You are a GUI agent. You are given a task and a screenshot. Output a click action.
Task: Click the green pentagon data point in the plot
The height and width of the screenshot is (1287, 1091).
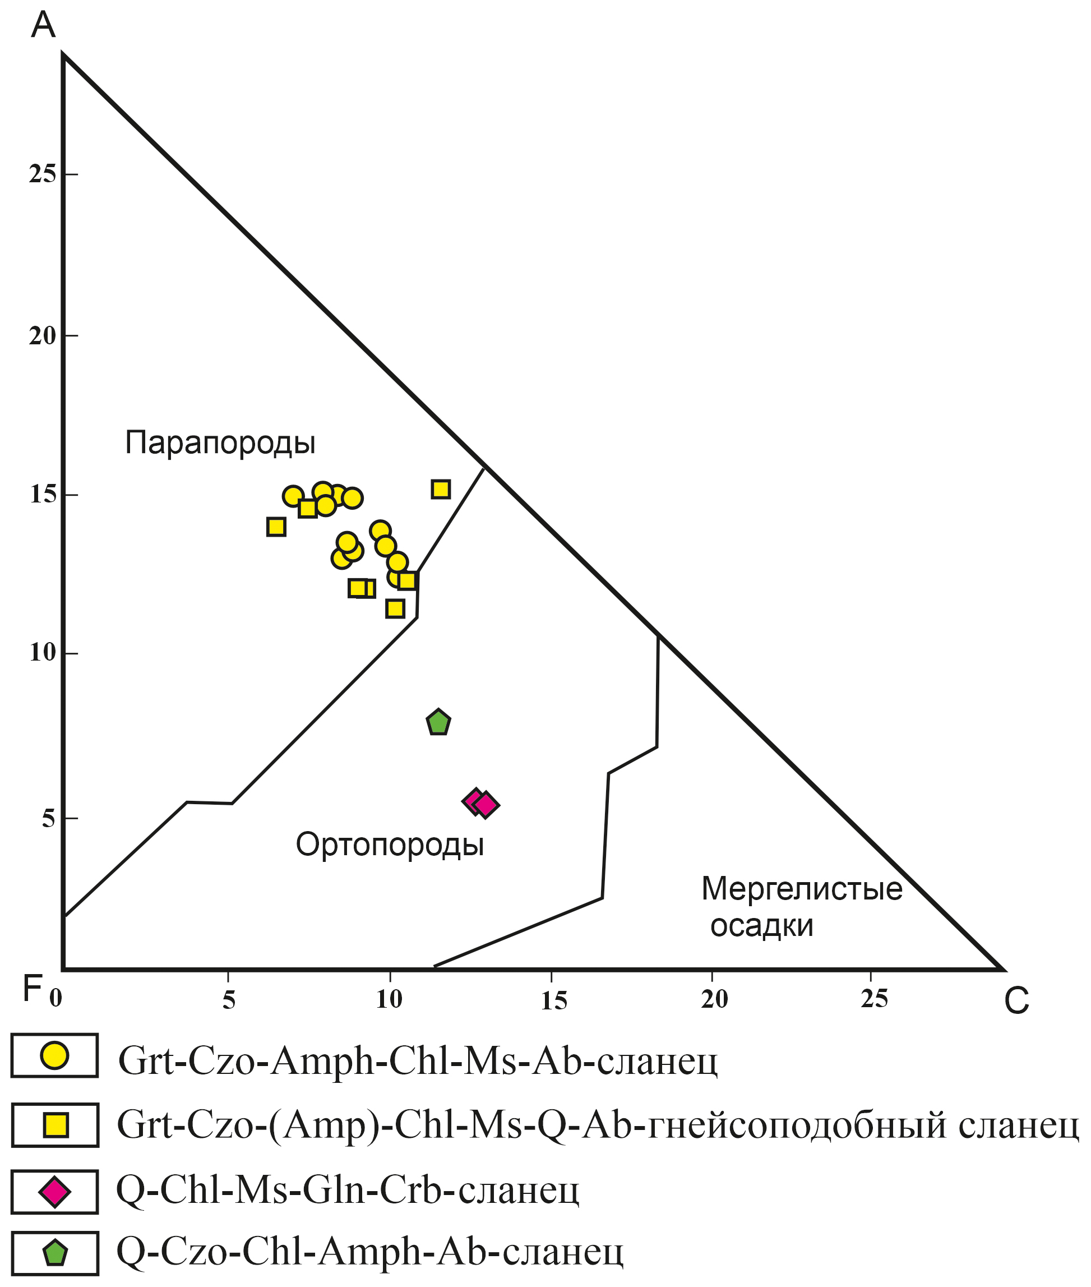(438, 723)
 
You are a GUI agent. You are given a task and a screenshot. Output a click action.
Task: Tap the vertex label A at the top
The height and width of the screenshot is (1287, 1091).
(43, 25)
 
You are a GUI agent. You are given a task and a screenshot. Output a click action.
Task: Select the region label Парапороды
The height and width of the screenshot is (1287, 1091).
(220, 443)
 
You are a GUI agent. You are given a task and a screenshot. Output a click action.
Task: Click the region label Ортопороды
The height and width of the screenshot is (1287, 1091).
(390, 845)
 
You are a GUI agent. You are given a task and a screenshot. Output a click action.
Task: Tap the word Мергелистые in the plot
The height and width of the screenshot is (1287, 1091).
(802, 889)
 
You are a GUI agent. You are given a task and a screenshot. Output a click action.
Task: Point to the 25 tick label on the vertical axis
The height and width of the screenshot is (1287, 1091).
(42, 174)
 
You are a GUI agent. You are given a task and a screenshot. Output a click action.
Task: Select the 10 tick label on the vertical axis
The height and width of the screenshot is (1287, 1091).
(42, 653)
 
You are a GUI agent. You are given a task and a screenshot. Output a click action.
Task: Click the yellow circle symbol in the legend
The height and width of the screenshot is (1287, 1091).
(54, 1055)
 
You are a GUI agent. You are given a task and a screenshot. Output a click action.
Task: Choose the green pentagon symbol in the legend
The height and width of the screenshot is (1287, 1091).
(55, 1253)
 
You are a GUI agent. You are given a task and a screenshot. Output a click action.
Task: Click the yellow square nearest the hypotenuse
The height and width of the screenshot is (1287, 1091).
(440, 490)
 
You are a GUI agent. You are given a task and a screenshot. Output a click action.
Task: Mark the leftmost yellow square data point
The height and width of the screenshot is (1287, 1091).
(276, 527)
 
